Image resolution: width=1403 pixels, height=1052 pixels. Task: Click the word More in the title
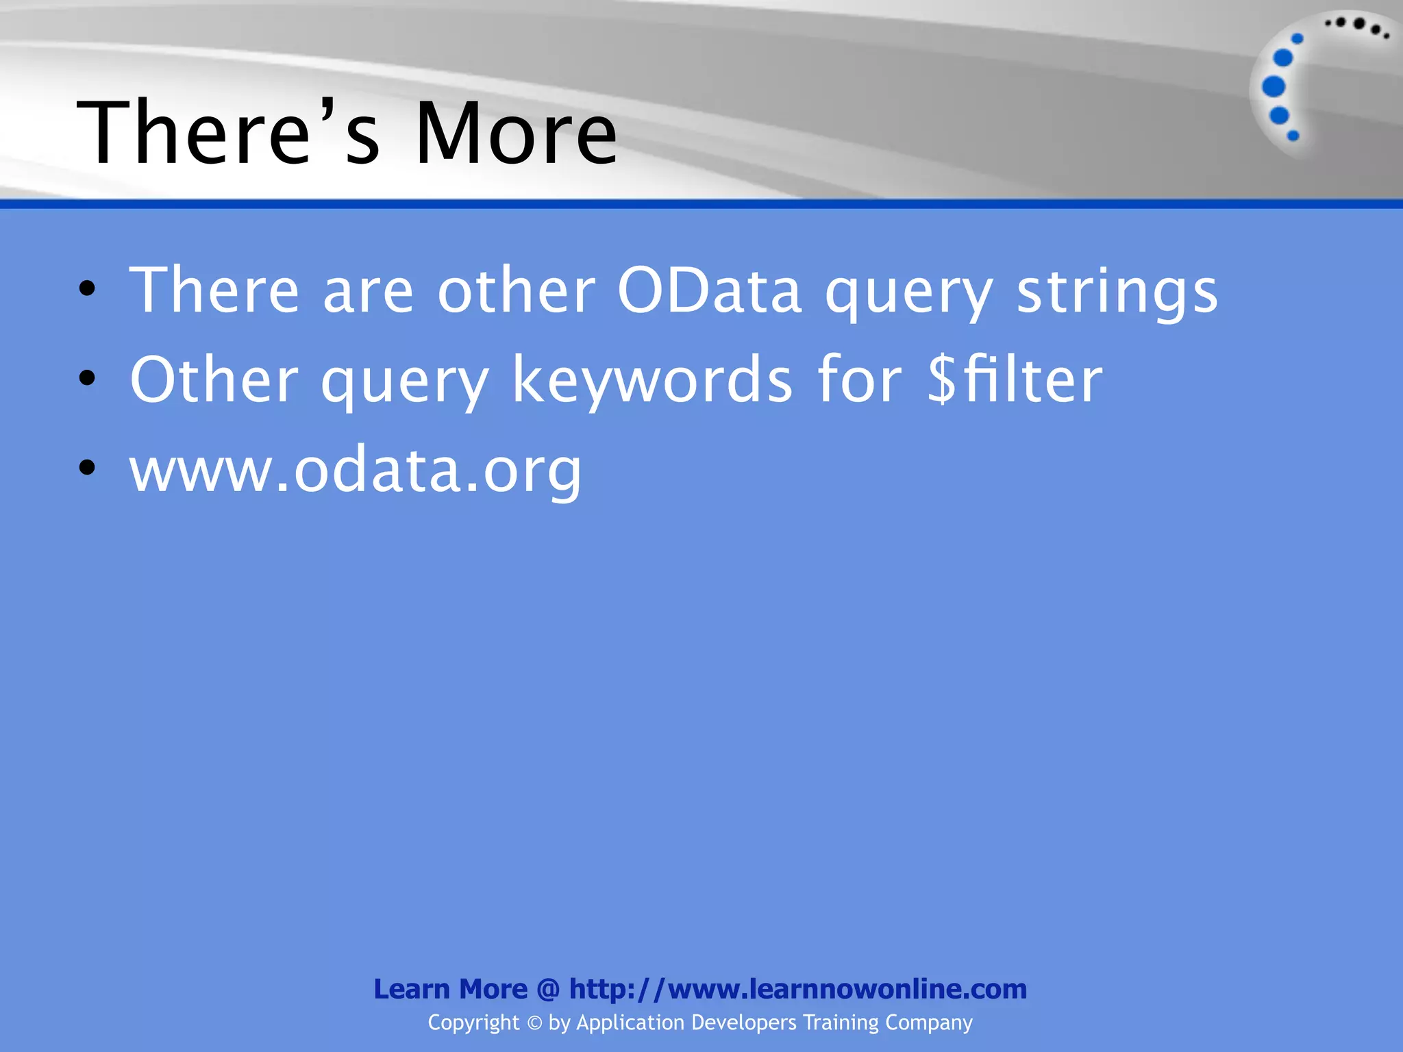point(516,133)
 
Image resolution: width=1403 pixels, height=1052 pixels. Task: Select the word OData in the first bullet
point(709,291)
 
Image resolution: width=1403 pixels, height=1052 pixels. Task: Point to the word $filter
point(1015,379)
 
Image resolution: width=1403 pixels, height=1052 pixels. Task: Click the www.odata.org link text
point(356,471)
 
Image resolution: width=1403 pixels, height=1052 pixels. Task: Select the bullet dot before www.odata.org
point(87,468)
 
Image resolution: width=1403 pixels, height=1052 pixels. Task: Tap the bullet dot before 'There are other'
point(87,288)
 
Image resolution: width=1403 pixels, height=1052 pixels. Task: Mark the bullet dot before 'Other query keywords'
point(87,378)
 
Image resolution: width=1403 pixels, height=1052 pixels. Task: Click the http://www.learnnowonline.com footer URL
point(797,989)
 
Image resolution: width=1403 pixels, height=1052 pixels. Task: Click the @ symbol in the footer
point(548,990)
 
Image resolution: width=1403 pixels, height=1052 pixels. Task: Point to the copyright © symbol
point(534,1023)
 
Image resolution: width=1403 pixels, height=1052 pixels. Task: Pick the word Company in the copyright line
point(928,1023)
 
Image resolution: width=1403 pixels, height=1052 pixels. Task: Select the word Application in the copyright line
point(630,1023)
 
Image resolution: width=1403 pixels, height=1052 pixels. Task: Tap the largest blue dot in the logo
point(1274,87)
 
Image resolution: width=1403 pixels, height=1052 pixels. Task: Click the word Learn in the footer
point(411,989)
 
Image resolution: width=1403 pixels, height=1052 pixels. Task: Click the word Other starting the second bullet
point(214,379)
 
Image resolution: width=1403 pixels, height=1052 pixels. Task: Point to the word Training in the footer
point(841,1023)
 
